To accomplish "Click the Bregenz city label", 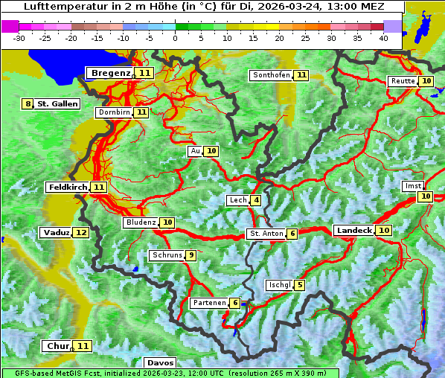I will pos(110,73).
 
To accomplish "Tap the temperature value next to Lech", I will pos(256,200).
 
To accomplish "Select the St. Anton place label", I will pos(266,234).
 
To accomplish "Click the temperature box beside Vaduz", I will pos(81,233).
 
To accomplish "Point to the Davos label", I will pos(160,362).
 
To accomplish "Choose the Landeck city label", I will pos(353,231).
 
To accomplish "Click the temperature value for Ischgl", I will pos(299,285).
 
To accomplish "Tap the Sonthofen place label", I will pos(271,75).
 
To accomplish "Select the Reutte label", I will pos(402,81).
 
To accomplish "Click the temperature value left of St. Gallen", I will pos(28,104).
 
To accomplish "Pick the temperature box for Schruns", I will pos(191,255).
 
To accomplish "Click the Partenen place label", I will pos(208,303).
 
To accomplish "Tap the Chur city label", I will pos(57,346).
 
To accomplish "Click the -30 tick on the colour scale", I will pos(19,38).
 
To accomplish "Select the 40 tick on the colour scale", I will pos(383,38).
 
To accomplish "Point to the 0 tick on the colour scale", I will pos(176,38).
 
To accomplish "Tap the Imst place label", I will pos(412,185).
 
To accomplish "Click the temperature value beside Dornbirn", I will pos(141,112).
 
